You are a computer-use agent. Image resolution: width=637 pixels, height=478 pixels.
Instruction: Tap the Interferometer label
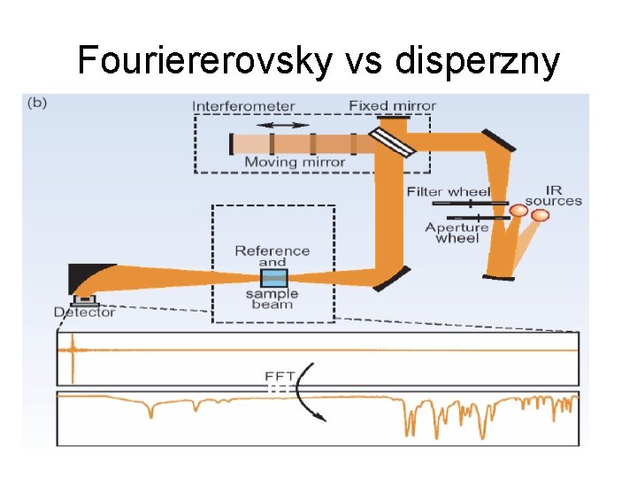(243, 106)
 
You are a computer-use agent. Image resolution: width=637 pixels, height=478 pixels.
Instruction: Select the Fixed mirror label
(392, 106)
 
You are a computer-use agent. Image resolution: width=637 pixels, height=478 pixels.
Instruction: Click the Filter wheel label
(449, 192)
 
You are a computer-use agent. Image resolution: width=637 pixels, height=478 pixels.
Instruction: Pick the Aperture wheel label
(457, 233)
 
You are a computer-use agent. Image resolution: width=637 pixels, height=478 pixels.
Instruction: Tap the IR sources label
(553, 195)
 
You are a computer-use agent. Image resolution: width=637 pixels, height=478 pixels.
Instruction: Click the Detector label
(84, 312)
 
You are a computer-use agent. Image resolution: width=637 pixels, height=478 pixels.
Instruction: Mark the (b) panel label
(38, 103)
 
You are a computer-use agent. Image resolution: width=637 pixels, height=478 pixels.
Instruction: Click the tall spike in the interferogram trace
(72, 351)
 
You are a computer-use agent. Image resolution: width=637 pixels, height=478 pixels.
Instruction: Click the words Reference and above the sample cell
(272, 256)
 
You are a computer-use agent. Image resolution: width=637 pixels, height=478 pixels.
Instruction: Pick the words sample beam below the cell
(272, 299)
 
